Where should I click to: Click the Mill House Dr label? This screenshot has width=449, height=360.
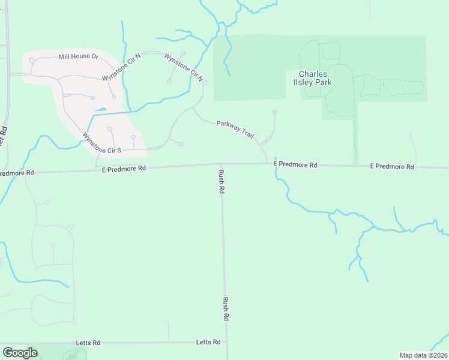pyautogui.click(x=78, y=56)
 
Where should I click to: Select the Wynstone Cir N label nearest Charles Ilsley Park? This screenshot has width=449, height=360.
pyautogui.click(x=184, y=67)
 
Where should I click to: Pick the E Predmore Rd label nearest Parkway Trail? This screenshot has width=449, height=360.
pyautogui.click(x=295, y=164)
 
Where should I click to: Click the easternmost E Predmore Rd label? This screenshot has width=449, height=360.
pyautogui.click(x=392, y=166)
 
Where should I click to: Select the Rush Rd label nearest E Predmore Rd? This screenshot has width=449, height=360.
pyautogui.click(x=221, y=181)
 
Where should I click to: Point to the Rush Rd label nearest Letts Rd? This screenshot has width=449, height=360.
pyautogui.click(x=226, y=308)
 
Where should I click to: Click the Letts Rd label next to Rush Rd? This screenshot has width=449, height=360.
pyautogui.click(x=208, y=342)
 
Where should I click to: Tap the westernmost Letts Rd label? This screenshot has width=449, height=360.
pyautogui.click(x=88, y=343)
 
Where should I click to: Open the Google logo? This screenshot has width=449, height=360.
pyautogui.click(x=20, y=353)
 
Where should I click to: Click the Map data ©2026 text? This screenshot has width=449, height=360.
pyautogui.click(x=424, y=355)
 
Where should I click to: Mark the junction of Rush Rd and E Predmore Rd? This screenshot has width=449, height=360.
pyautogui.click(x=221, y=164)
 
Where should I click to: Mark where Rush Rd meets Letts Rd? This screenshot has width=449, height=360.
pyautogui.click(x=227, y=342)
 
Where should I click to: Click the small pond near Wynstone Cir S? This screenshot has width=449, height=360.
pyautogui.click(x=101, y=110)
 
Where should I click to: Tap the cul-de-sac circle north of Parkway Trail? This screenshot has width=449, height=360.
pyautogui.click(x=275, y=112)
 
